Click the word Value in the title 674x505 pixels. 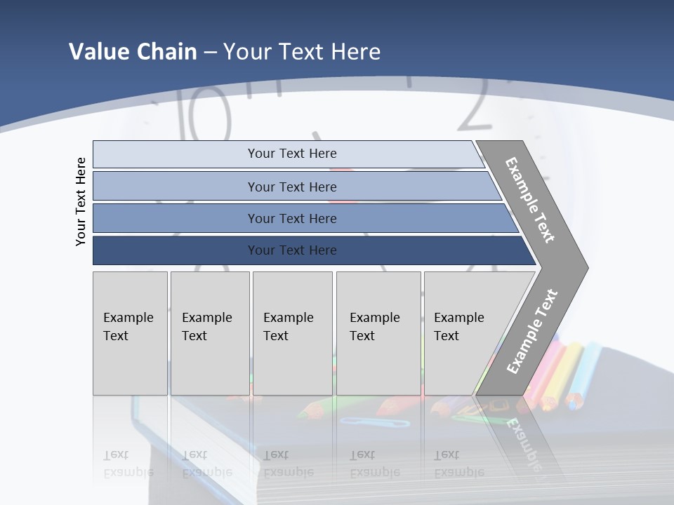point(96,52)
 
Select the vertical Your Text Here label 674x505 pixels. point(81,202)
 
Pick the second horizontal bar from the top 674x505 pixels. point(291,187)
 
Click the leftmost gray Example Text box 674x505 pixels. point(130,333)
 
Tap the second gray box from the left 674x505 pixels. point(210,333)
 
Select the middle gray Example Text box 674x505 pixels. point(292,333)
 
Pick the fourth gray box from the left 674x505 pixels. point(378,333)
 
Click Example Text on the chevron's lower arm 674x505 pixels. point(531,331)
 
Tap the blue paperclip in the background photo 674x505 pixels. point(374,422)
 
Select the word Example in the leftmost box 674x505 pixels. point(128,317)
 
